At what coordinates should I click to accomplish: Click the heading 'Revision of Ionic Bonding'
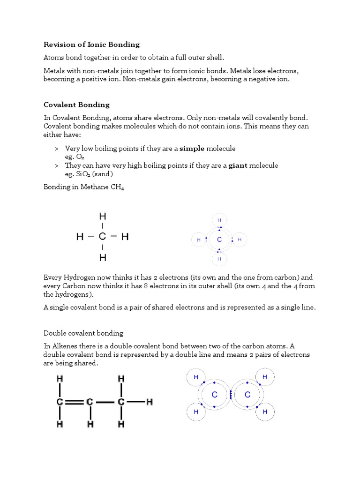coord(91,45)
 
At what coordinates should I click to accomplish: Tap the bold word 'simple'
coord(192,149)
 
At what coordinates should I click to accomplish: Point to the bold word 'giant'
coord(238,165)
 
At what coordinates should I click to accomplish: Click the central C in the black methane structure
coord(102,237)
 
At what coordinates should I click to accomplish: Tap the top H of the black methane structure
coord(102,217)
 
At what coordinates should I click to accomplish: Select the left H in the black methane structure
coord(80,237)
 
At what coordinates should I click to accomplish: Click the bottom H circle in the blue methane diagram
coord(219,259)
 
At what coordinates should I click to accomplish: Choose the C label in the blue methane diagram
coord(219,240)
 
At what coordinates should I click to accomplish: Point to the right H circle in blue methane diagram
coord(240,240)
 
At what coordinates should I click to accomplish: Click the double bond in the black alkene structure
coord(74,402)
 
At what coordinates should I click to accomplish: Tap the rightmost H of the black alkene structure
coord(150,402)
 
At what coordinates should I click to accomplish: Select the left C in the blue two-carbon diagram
coord(214,395)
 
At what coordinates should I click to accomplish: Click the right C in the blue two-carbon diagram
coord(247,395)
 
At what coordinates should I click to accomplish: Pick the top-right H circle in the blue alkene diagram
coord(264,377)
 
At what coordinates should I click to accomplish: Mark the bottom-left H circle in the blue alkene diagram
coord(196,412)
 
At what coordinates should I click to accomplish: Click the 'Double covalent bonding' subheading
coord(83,333)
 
